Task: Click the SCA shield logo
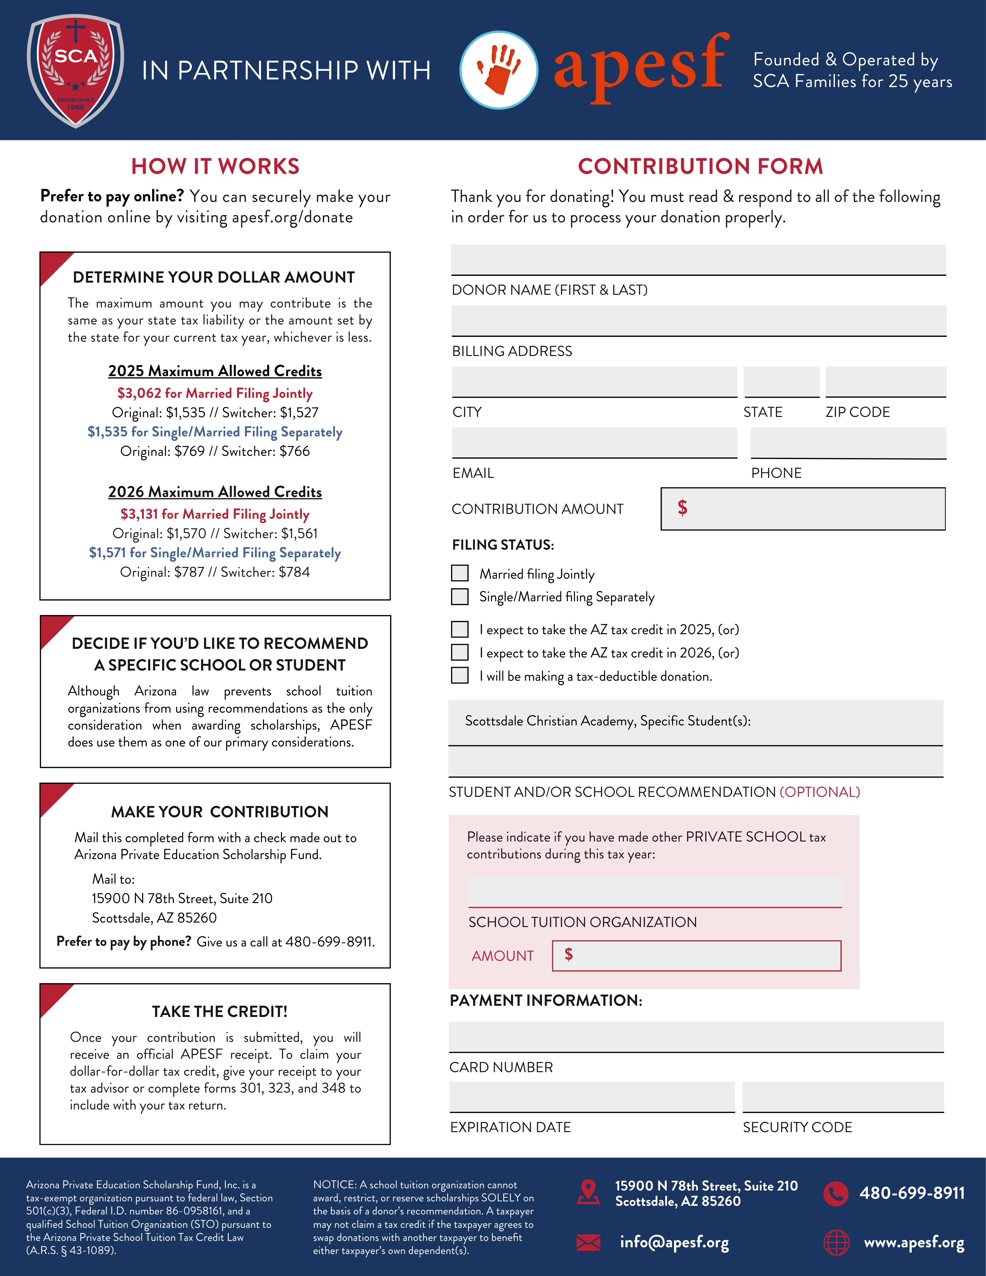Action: pyautogui.click(x=75, y=70)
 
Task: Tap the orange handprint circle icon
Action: pyautogui.click(x=499, y=70)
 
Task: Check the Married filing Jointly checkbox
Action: pyautogui.click(x=460, y=573)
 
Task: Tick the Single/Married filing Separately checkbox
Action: pyautogui.click(x=460, y=596)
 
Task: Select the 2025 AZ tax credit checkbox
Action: pyautogui.click(x=460, y=629)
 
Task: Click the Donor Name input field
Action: pyautogui.click(x=698, y=259)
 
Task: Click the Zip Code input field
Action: pyautogui.click(x=886, y=382)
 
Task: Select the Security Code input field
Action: pyautogui.click(x=843, y=1096)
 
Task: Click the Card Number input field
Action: pyautogui.click(x=696, y=1036)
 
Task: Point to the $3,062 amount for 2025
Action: pyautogui.click(x=139, y=393)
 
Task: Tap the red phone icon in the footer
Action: pyautogui.click(x=836, y=1193)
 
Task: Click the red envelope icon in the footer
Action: pyautogui.click(x=588, y=1242)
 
